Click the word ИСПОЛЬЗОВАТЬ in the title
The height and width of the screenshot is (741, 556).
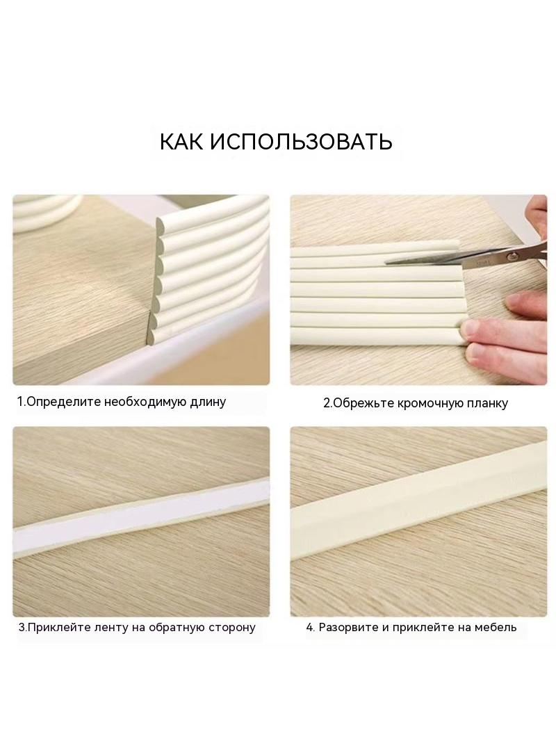301,141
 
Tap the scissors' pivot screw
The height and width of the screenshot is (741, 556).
510,256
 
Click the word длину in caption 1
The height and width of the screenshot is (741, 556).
208,402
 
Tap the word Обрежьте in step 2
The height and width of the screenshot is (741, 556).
363,403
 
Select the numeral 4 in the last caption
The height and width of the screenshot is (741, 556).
309,628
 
